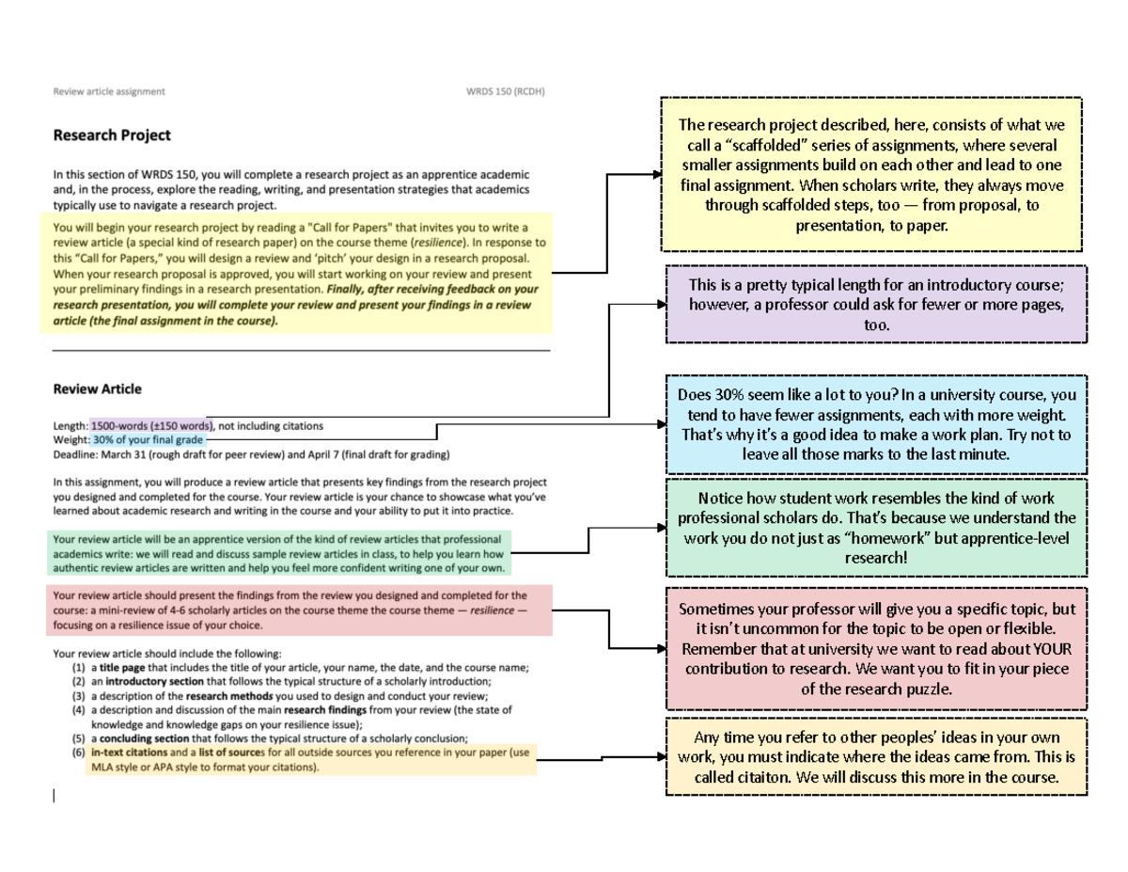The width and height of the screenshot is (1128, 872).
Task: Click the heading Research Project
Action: tap(112, 135)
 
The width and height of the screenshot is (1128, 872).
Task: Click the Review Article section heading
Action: tap(98, 389)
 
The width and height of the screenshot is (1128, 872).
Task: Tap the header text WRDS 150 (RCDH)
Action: tap(506, 92)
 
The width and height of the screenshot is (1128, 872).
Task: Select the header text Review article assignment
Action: tap(109, 92)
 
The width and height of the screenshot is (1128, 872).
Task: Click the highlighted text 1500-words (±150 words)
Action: tap(152, 426)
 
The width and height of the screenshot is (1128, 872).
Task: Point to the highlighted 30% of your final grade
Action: tap(147, 439)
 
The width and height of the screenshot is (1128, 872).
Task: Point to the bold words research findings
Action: tap(324, 710)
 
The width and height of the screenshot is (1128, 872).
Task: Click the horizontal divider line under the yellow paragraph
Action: tap(301, 350)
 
